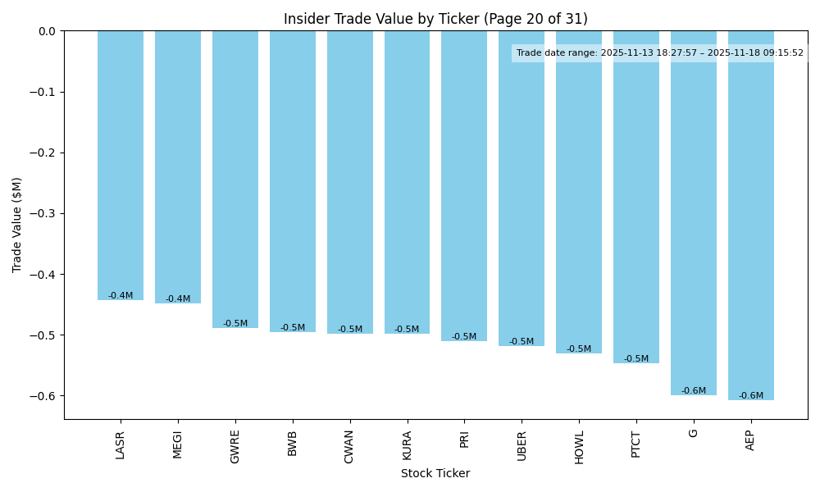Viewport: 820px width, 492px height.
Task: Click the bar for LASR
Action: pos(121,164)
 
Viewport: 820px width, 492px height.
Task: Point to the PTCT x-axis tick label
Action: pos(636,444)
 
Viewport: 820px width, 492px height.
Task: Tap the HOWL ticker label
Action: pos(579,446)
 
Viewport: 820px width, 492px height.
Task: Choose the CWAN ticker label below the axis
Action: pos(350,446)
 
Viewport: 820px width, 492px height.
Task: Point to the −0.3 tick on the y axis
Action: pos(43,213)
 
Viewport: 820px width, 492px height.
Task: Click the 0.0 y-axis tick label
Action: pos(47,31)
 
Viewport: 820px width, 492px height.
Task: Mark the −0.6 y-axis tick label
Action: pos(43,395)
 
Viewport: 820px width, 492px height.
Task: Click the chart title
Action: pos(435,19)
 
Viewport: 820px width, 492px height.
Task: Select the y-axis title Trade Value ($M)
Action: pos(16,225)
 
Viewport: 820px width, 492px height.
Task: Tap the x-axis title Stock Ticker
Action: pos(435,474)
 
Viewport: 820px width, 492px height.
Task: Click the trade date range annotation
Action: pos(659,53)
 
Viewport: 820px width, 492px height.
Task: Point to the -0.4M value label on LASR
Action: pos(121,295)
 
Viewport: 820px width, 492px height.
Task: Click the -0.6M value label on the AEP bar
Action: pos(751,396)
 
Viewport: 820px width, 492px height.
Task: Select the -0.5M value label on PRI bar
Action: pos(464,337)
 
